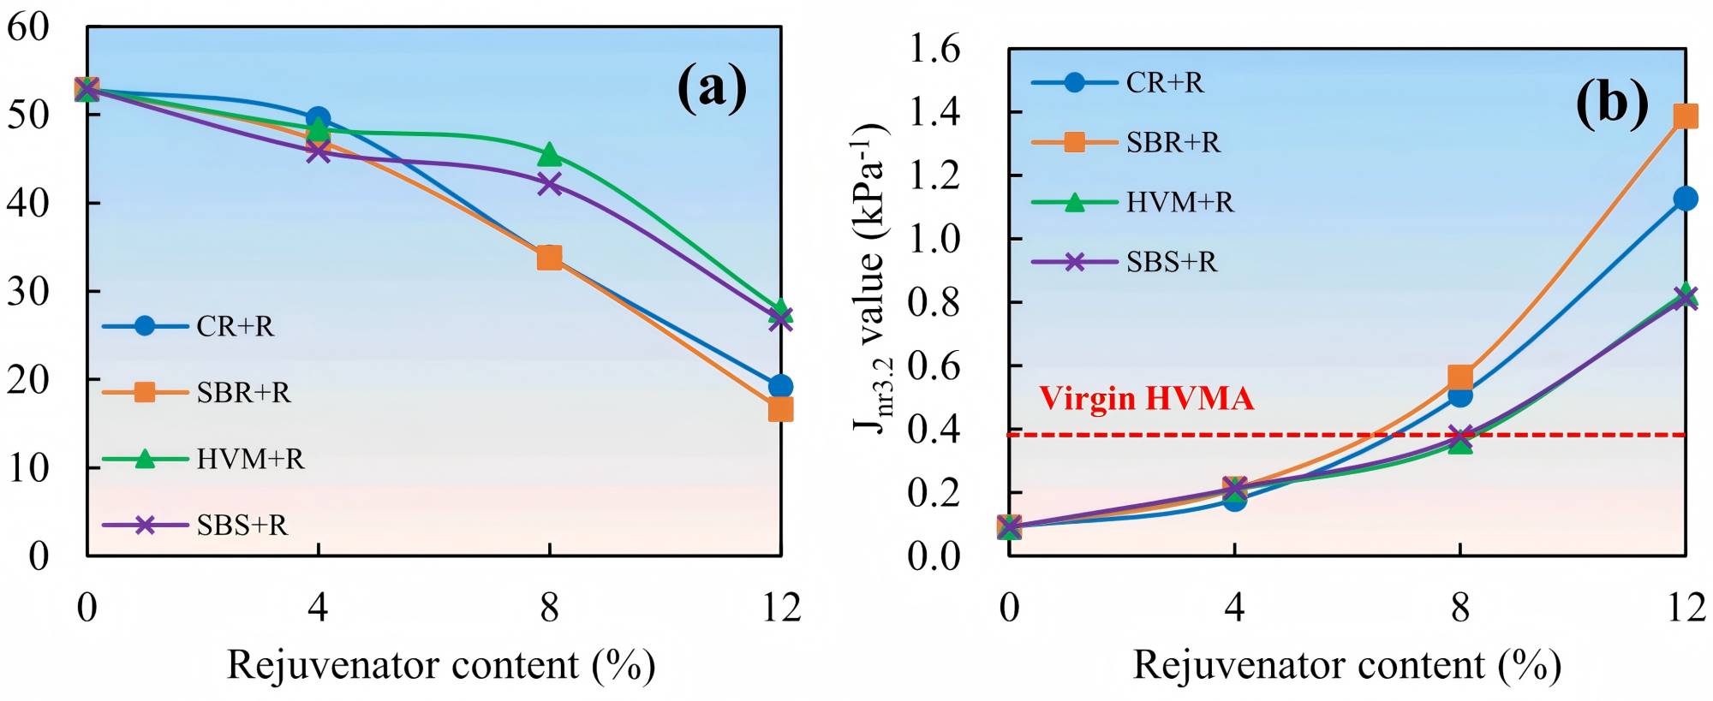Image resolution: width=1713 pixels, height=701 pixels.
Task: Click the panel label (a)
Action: [x=712, y=88]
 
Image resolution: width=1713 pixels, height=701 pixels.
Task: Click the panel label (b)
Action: [x=1612, y=104]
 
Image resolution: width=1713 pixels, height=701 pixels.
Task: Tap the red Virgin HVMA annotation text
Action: [x=1146, y=399]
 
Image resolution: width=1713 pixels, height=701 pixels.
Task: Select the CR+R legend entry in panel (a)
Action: [x=188, y=326]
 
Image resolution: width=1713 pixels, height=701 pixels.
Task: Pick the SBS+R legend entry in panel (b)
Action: [x=1124, y=262]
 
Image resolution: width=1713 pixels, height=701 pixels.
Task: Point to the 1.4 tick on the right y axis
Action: [x=934, y=112]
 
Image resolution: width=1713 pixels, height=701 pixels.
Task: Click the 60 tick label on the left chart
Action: [x=28, y=27]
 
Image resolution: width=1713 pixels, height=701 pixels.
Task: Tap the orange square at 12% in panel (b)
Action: [x=1685, y=116]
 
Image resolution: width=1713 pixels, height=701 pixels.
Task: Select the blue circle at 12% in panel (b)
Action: [x=1685, y=199]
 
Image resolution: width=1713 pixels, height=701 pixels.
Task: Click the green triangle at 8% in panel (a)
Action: [x=549, y=155]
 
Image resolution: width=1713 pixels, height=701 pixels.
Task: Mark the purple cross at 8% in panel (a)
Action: [x=549, y=184]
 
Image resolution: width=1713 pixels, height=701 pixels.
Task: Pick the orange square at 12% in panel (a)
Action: [x=780, y=410]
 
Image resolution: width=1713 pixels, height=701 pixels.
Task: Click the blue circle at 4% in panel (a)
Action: [x=319, y=118]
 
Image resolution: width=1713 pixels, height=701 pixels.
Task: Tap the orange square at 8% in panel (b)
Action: [x=1460, y=377]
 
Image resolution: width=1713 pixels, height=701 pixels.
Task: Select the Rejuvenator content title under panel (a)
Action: [x=441, y=665]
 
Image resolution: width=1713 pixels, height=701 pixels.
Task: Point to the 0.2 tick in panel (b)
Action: [x=934, y=493]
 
